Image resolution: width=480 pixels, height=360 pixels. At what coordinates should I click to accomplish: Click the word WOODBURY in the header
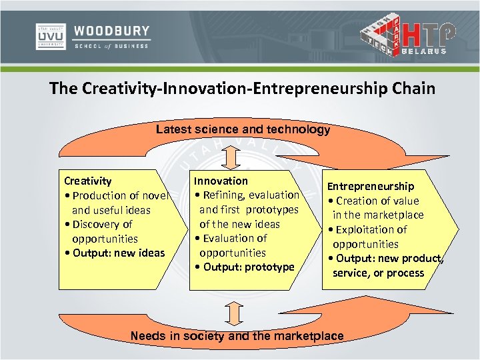click(111, 31)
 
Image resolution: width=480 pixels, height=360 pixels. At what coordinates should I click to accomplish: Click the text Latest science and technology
click(243, 129)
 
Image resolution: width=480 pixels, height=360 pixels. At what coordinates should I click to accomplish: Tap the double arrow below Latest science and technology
click(229, 157)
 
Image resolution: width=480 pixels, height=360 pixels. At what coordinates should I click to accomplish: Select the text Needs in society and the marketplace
click(237, 336)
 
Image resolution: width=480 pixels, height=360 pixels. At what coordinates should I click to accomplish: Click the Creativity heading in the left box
click(87, 181)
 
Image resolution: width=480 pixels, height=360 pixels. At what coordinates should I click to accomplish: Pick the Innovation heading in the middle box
click(221, 181)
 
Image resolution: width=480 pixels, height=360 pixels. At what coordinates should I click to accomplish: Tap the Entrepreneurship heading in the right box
click(370, 187)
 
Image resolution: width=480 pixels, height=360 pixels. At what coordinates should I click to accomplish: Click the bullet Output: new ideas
click(114, 253)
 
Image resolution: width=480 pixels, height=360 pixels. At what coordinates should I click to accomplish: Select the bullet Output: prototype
click(244, 267)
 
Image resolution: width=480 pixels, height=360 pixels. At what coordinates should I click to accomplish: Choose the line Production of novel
click(117, 195)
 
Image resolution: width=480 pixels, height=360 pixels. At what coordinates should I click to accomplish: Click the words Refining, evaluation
click(247, 195)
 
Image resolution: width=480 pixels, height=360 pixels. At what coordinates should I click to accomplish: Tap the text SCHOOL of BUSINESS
click(111, 46)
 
